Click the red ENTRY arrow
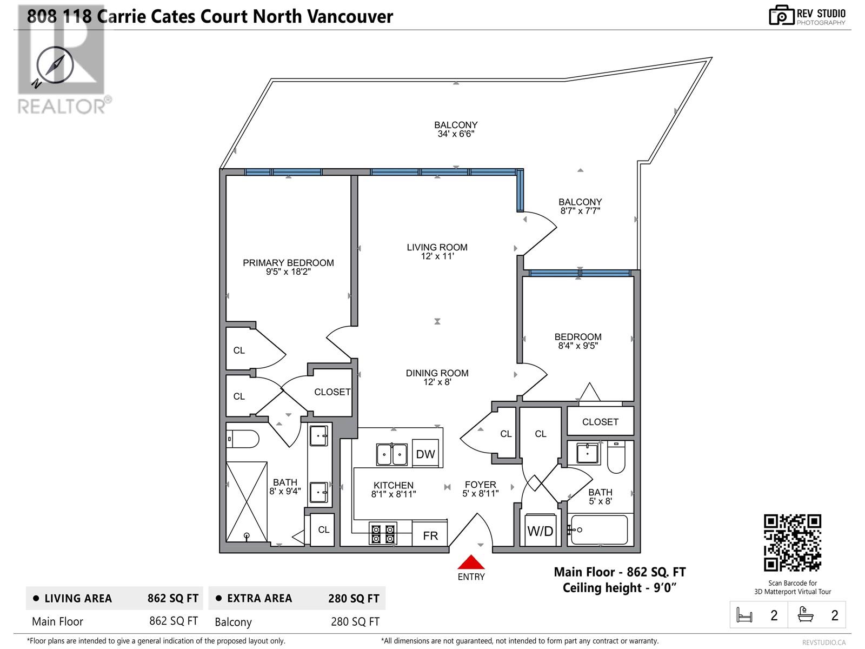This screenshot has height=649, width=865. pos(471,562)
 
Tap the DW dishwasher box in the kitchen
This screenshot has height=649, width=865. pos(425,454)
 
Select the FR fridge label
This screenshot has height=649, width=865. pos(430,535)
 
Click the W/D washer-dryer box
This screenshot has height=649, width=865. pos(540,531)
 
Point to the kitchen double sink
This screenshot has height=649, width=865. pos(392,454)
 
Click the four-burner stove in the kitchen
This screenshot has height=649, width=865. pos(383,533)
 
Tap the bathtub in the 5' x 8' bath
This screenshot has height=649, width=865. pos(599,529)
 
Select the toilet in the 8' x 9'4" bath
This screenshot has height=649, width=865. pos(243,439)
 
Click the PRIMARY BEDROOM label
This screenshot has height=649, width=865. pos(288,263)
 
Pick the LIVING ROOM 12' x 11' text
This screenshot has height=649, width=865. pos(437,251)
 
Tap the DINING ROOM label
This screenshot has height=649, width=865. pos(437,373)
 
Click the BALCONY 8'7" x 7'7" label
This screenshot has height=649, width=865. pos(580,206)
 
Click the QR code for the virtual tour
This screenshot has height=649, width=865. pos(792,542)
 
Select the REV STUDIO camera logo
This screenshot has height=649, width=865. pos(781,15)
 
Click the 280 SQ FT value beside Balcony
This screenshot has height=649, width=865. pos(355,621)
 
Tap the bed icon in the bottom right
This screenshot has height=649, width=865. pos(744,615)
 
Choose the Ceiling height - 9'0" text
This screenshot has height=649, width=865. pos(620,588)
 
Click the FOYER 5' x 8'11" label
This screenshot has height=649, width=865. pos(480,489)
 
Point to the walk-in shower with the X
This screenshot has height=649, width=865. pos(247,501)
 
